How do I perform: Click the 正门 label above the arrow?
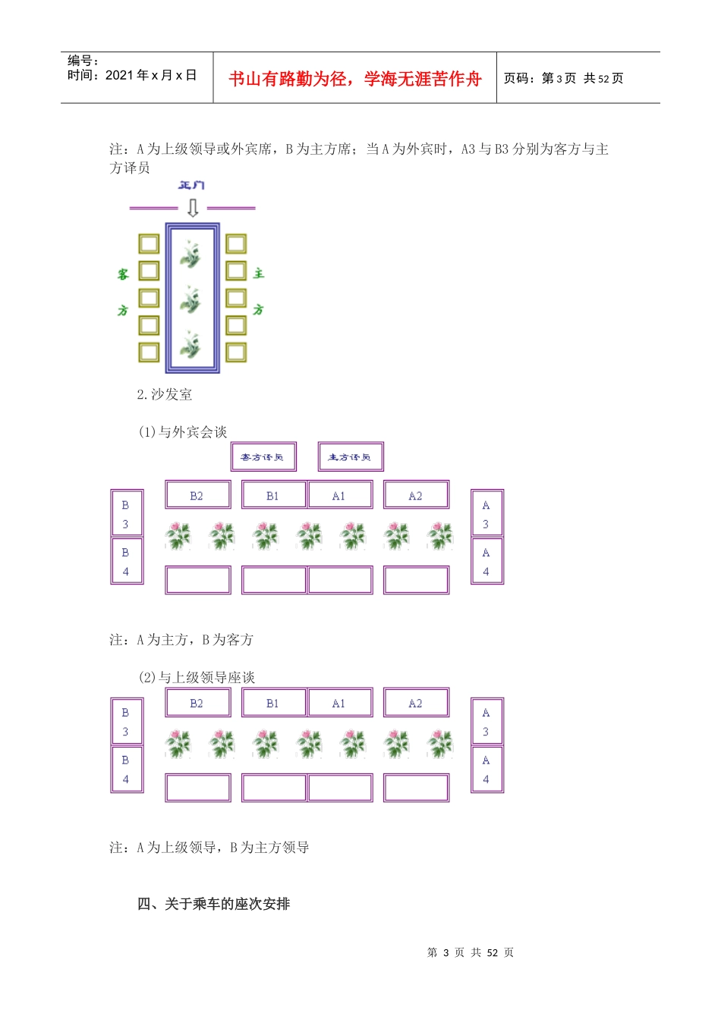click(x=191, y=185)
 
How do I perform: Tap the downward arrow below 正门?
click(x=193, y=207)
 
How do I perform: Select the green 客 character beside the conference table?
click(x=123, y=274)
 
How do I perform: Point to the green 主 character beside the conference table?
click(x=259, y=273)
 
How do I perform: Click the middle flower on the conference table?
click(x=191, y=300)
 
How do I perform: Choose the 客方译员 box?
click(x=263, y=456)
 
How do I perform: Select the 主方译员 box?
click(x=350, y=456)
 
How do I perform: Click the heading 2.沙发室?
click(x=165, y=394)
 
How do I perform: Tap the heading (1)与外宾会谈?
click(x=182, y=432)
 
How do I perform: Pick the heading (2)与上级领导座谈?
click(x=196, y=677)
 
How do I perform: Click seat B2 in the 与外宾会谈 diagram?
click(x=197, y=496)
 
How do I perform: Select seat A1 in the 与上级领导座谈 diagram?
click(x=339, y=704)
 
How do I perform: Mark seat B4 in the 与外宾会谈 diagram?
click(x=126, y=562)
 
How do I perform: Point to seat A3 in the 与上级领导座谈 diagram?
click(x=486, y=722)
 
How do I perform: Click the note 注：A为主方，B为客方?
click(x=181, y=640)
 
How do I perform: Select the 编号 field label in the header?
click(x=83, y=61)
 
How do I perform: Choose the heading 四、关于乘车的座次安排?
click(x=214, y=904)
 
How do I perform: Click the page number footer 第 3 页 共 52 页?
click(x=471, y=952)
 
